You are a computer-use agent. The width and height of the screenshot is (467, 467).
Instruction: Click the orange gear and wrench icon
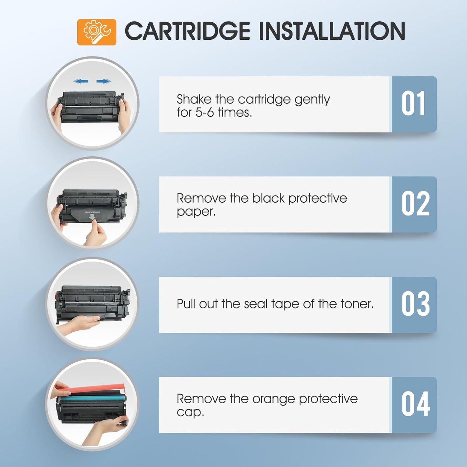[x=96, y=32]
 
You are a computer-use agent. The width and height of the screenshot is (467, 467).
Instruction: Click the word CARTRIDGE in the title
[x=187, y=31]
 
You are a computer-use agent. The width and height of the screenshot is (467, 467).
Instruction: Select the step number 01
[x=413, y=104]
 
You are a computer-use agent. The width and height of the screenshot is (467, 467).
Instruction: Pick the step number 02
[x=415, y=204]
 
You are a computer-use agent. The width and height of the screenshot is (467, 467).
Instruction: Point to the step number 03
[x=415, y=304]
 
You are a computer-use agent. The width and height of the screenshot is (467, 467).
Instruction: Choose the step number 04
[x=415, y=405]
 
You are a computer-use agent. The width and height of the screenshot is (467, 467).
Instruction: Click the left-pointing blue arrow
[x=80, y=81]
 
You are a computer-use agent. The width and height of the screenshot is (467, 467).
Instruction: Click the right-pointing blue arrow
[x=103, y=81]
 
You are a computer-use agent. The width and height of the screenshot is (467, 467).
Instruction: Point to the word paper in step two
[x=195, y=212]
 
